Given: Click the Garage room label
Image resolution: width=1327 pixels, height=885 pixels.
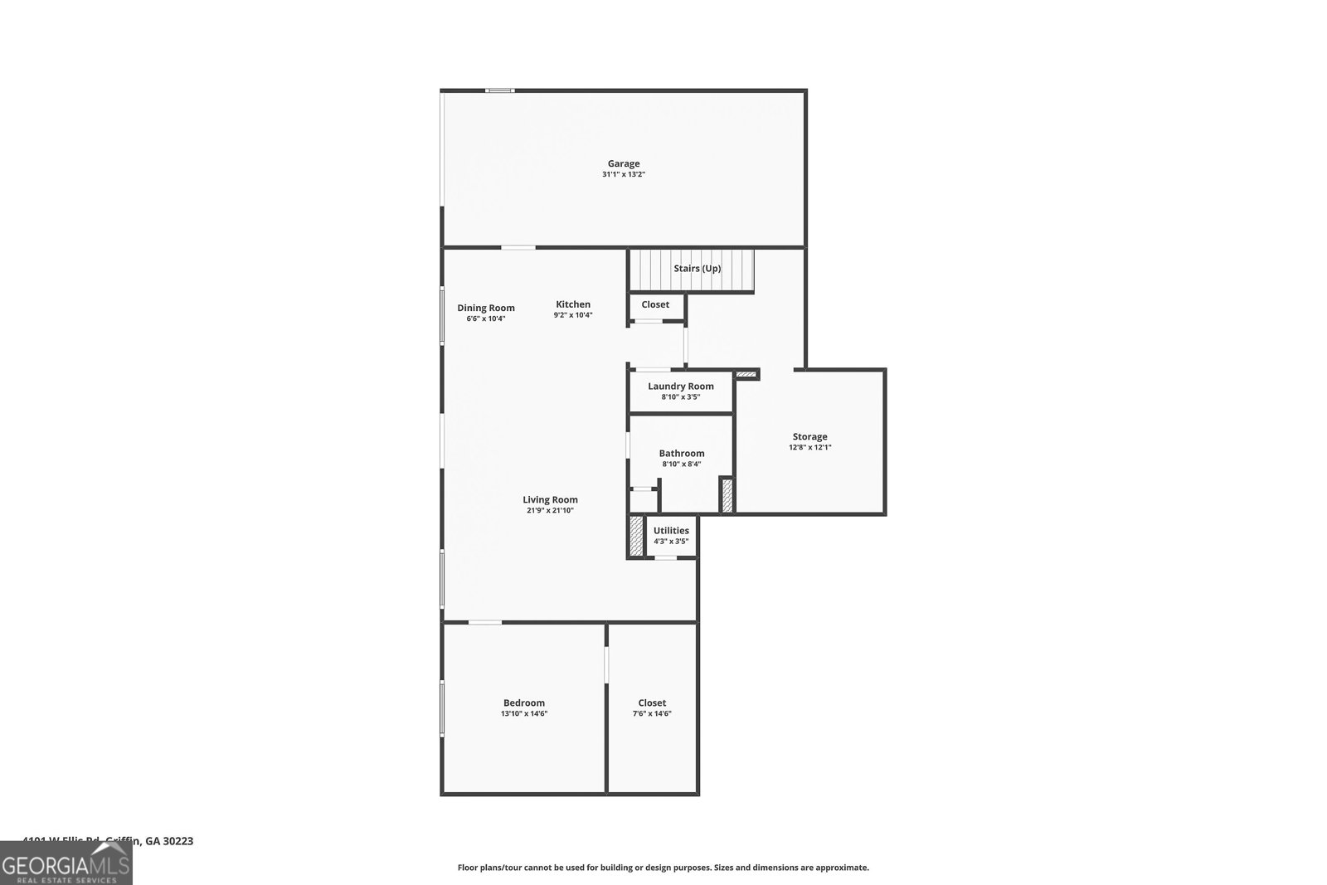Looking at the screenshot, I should [x=623, y=163].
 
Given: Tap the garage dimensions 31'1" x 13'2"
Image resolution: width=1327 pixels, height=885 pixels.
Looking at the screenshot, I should [x=623, y=175].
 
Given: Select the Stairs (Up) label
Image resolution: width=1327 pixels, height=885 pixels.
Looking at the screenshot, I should [x=697, y=269].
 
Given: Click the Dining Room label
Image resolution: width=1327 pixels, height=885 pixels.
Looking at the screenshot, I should [x=486, y=308].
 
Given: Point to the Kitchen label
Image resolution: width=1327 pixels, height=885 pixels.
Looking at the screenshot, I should [x=573, y=304].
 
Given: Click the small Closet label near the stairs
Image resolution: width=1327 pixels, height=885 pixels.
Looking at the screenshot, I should [x=655, y=304].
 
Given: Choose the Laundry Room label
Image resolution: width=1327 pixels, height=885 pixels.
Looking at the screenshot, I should [x=681, y=386].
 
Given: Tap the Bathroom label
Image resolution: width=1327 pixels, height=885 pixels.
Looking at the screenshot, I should [x=682, y=453].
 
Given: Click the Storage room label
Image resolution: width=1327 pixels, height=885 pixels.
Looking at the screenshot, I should [x=809, y=436].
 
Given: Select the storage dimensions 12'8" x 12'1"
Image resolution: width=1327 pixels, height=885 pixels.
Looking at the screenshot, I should [x=809, y=448].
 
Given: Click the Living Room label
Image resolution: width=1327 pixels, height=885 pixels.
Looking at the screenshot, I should [x=550, y=499].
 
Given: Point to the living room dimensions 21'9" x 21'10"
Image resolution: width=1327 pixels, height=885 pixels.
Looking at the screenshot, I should [x=550, y=511].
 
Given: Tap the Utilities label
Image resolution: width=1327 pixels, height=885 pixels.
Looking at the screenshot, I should [x=671, y=531].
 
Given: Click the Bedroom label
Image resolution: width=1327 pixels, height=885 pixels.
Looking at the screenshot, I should [x=524, y=703].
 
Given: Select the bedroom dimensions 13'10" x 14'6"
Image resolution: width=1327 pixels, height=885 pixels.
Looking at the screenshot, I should [x=524, y=714].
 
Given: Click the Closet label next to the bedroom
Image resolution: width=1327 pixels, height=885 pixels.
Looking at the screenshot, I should [x=652, y=703].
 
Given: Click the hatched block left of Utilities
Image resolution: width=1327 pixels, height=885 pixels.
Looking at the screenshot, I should [x=636, y=536].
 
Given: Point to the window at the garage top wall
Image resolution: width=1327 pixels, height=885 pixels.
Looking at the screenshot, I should [x=499, y=90].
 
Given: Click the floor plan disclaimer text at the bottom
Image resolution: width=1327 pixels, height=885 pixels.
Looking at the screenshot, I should [x=663, y=868].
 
